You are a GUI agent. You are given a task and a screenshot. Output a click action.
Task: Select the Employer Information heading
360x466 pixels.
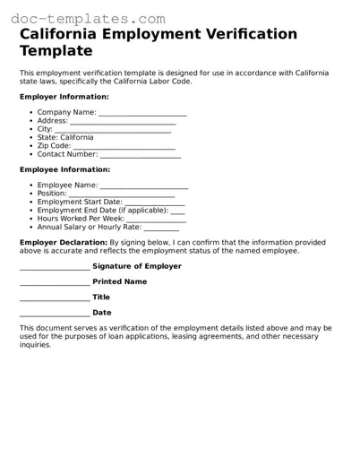coord(64,97)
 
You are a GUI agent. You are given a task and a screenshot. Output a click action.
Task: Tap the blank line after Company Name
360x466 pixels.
coord(142,114)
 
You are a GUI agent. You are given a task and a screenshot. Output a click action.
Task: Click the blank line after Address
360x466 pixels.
coord(123,122)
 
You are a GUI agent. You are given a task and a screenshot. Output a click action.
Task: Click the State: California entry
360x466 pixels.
coord(65,138)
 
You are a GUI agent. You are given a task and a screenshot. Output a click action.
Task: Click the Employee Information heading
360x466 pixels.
coord(65,169)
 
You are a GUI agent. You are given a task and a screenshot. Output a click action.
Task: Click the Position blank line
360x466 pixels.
coord(121,194)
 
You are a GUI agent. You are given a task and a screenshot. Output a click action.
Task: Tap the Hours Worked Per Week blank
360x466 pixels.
coord(156,219)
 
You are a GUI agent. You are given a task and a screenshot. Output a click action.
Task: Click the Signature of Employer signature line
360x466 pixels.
coord(55,267)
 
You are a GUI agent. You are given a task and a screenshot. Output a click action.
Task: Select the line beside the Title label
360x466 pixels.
coord(55,298)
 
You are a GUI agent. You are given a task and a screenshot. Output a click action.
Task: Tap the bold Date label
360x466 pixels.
coord(102,314)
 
